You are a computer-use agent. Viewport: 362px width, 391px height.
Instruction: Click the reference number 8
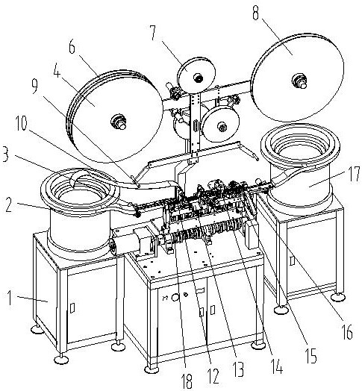coord(255,12)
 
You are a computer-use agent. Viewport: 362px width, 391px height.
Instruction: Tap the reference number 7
coord(153,32)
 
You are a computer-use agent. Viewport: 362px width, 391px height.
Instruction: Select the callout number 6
coord(72,47)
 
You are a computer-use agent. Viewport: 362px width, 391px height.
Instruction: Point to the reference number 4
coord(57,70)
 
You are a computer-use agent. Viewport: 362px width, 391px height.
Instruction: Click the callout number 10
coord(21,123)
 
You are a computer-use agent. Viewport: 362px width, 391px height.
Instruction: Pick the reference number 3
coord(5,154)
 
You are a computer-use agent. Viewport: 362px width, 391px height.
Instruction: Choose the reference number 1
coord(10,298)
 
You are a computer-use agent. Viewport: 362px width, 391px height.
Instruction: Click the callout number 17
coord(354,174)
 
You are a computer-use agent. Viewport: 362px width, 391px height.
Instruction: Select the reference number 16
coord(347,332)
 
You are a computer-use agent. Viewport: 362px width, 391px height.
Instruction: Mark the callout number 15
coord(311,356)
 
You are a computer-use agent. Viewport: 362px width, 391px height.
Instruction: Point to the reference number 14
coord(277,366)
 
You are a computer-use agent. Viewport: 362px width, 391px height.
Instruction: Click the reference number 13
coord(238,370)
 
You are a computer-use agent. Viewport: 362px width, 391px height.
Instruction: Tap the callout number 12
coord(213,376)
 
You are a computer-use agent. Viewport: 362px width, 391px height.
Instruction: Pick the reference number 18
coord(187,381)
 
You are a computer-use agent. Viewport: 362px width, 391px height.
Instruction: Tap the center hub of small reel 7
coord(199,78)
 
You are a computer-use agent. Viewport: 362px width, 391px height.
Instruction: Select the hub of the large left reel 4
coord(119,122)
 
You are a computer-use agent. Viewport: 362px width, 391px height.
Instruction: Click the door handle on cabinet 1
coord(72,307)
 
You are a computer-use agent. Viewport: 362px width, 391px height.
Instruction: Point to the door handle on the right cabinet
coord(293,260)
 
